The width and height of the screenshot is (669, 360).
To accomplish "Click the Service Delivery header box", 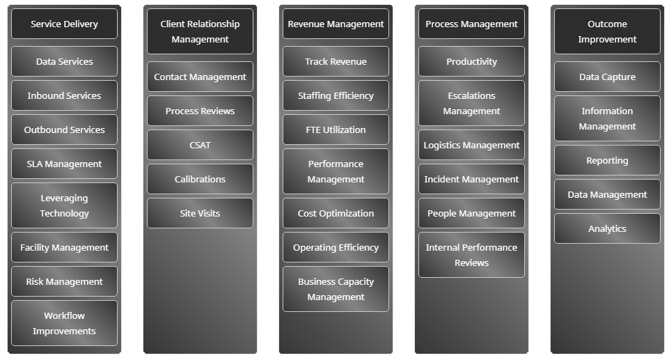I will (64, 24).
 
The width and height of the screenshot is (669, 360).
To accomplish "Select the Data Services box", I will (64, 61).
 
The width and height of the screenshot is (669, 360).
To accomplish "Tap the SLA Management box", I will (64, 164).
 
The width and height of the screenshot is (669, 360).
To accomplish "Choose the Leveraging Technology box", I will (64, 205).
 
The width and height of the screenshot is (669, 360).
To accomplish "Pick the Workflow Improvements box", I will (64, 323).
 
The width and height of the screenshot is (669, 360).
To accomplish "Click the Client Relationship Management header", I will (200, 31).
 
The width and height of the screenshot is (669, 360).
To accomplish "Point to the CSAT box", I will (200, 145).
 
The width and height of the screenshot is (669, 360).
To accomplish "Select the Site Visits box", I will (200, 213).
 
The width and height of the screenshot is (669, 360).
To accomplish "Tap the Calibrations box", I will (200, 179).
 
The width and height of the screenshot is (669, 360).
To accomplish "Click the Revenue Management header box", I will (336, 24).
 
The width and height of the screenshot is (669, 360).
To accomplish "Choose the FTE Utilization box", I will (336, 130).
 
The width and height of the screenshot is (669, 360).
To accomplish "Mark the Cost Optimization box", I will (336, 213).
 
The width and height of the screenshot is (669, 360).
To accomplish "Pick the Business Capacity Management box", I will (336, 289).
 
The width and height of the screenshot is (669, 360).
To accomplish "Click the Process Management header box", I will (471, 24).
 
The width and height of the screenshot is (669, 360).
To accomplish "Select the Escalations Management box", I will (471, 103).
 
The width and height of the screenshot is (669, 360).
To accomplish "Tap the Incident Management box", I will (471, 179).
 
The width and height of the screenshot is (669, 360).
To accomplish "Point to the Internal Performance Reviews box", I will (471, 255).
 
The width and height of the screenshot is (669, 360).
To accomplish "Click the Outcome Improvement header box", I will (607, 31).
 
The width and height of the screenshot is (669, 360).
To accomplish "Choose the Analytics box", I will (607, 228).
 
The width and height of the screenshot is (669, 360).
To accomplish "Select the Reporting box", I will (607, 160).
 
